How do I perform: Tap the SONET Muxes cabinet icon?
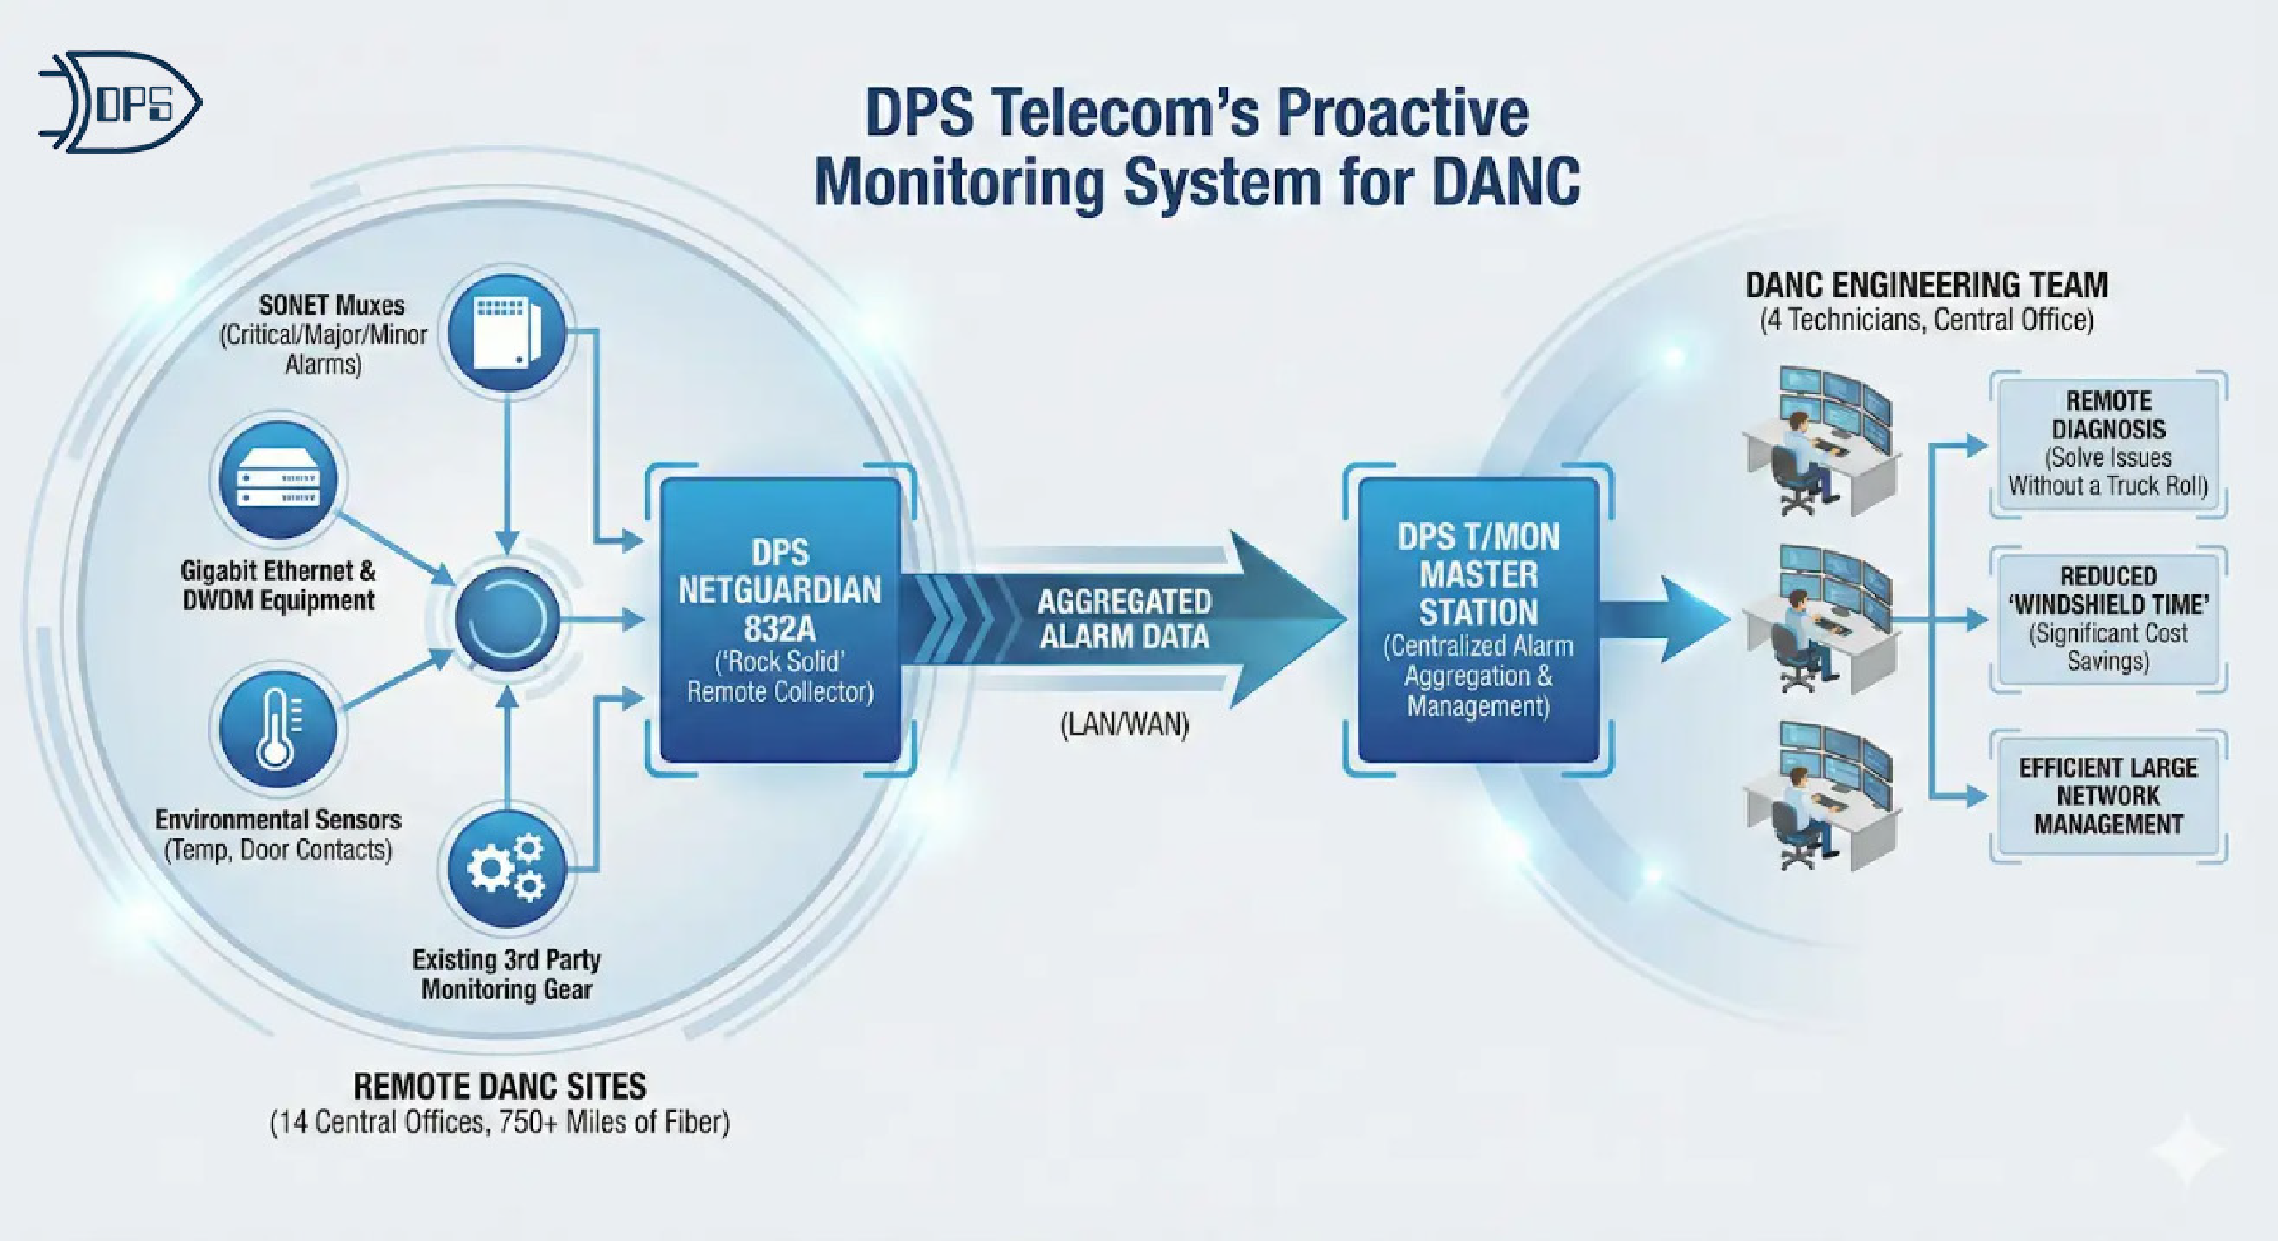(x=506, y=333)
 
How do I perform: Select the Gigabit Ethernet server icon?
(x=278, y=479)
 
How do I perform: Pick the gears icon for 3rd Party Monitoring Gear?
(x=506, y=869)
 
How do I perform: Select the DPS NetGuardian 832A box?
(x=780, y=621)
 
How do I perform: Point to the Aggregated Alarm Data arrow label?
(x=1124, y=618)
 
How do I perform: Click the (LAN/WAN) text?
(x=1124, y=726)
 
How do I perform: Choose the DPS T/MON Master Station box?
(x=1478, y=621)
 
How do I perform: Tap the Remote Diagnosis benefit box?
(x=2108, y=444)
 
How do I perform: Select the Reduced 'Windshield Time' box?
(x=2108, y=618)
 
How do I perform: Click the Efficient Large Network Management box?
(x=2108, y=795)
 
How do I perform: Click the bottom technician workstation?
(x=1822, y=795)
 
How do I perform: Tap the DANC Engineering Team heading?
(x=1926, y=286)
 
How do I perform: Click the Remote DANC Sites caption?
(x=500, y=1086)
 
